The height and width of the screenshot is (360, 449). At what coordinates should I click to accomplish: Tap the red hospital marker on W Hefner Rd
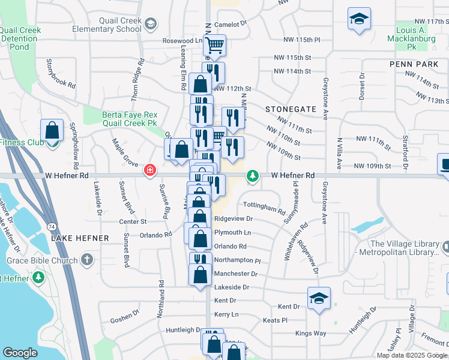[150, 172]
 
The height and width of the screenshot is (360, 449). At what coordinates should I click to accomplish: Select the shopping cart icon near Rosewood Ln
[214, 45]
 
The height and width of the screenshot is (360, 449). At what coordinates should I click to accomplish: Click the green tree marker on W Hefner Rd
[254, 175]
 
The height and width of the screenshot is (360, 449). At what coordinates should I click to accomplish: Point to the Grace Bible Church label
[42, 260]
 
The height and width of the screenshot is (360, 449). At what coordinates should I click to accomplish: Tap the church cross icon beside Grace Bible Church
[87, 260]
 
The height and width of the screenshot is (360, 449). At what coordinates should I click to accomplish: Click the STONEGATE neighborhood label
[291, 109]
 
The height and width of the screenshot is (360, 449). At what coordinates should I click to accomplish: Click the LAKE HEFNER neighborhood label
[80, 238]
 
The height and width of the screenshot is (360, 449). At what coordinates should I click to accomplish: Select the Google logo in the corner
[20, 353]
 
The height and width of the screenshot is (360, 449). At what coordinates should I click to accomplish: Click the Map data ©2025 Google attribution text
[411, 355]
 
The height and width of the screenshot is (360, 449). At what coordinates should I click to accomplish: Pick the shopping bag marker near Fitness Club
[53, 130]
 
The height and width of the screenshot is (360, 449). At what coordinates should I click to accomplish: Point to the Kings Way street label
[310, 333]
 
